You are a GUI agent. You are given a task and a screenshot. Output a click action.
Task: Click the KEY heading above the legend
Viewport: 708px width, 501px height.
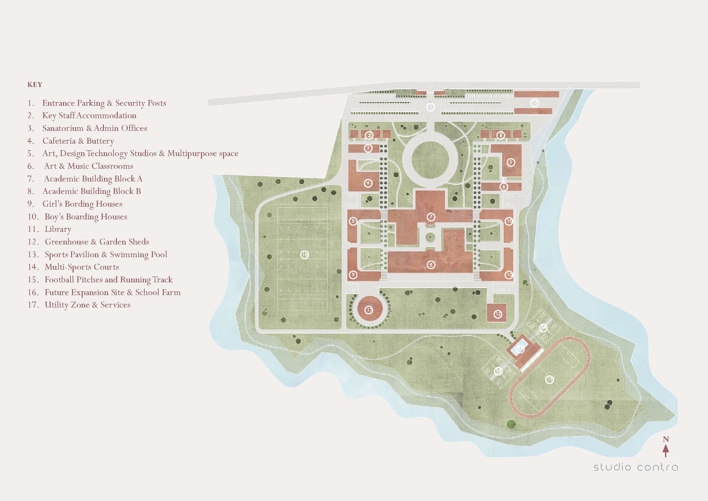point(35,85)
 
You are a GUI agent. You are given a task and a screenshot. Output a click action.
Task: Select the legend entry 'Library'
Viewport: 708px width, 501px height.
point(58,229)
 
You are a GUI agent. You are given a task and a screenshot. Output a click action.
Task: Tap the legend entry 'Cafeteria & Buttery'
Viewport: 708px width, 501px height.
point(78,141)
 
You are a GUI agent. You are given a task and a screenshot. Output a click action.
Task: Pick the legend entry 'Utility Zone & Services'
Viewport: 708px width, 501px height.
point(87,305)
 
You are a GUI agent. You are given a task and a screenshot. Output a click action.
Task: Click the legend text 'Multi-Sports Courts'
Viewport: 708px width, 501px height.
point(82,267)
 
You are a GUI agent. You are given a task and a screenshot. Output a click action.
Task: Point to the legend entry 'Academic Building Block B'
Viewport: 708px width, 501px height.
point(92,191)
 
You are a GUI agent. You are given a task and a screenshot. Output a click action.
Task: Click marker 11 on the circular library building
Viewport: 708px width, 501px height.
point(369,310)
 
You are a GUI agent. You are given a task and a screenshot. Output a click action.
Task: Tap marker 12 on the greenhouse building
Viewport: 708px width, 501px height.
point(498,314)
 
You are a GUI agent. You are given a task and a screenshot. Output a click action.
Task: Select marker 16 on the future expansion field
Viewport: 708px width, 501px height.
point(304,255)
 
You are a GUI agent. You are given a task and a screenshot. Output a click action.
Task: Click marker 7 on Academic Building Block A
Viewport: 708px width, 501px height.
point(431,217)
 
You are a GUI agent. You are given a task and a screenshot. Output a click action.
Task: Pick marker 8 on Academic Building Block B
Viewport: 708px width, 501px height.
point(431,265)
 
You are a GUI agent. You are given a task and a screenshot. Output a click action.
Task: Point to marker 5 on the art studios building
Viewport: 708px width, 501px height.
point(511,162)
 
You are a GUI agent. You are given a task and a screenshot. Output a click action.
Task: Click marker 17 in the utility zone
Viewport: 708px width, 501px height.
point(535,102)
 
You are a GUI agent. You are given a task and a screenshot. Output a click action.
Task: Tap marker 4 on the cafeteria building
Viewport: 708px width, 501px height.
point(368,183)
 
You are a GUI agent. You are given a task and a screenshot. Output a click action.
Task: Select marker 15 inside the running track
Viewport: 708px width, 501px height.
point(549,379)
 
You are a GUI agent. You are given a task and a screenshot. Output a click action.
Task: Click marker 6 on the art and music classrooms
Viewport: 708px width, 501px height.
point(504,187)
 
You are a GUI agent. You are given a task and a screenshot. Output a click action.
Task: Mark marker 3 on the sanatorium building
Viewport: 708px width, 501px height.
point(368,148)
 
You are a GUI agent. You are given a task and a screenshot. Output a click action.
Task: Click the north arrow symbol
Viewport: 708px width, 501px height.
point(665,450)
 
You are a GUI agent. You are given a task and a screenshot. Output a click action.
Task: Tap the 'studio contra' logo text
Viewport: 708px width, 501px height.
point(635,467)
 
